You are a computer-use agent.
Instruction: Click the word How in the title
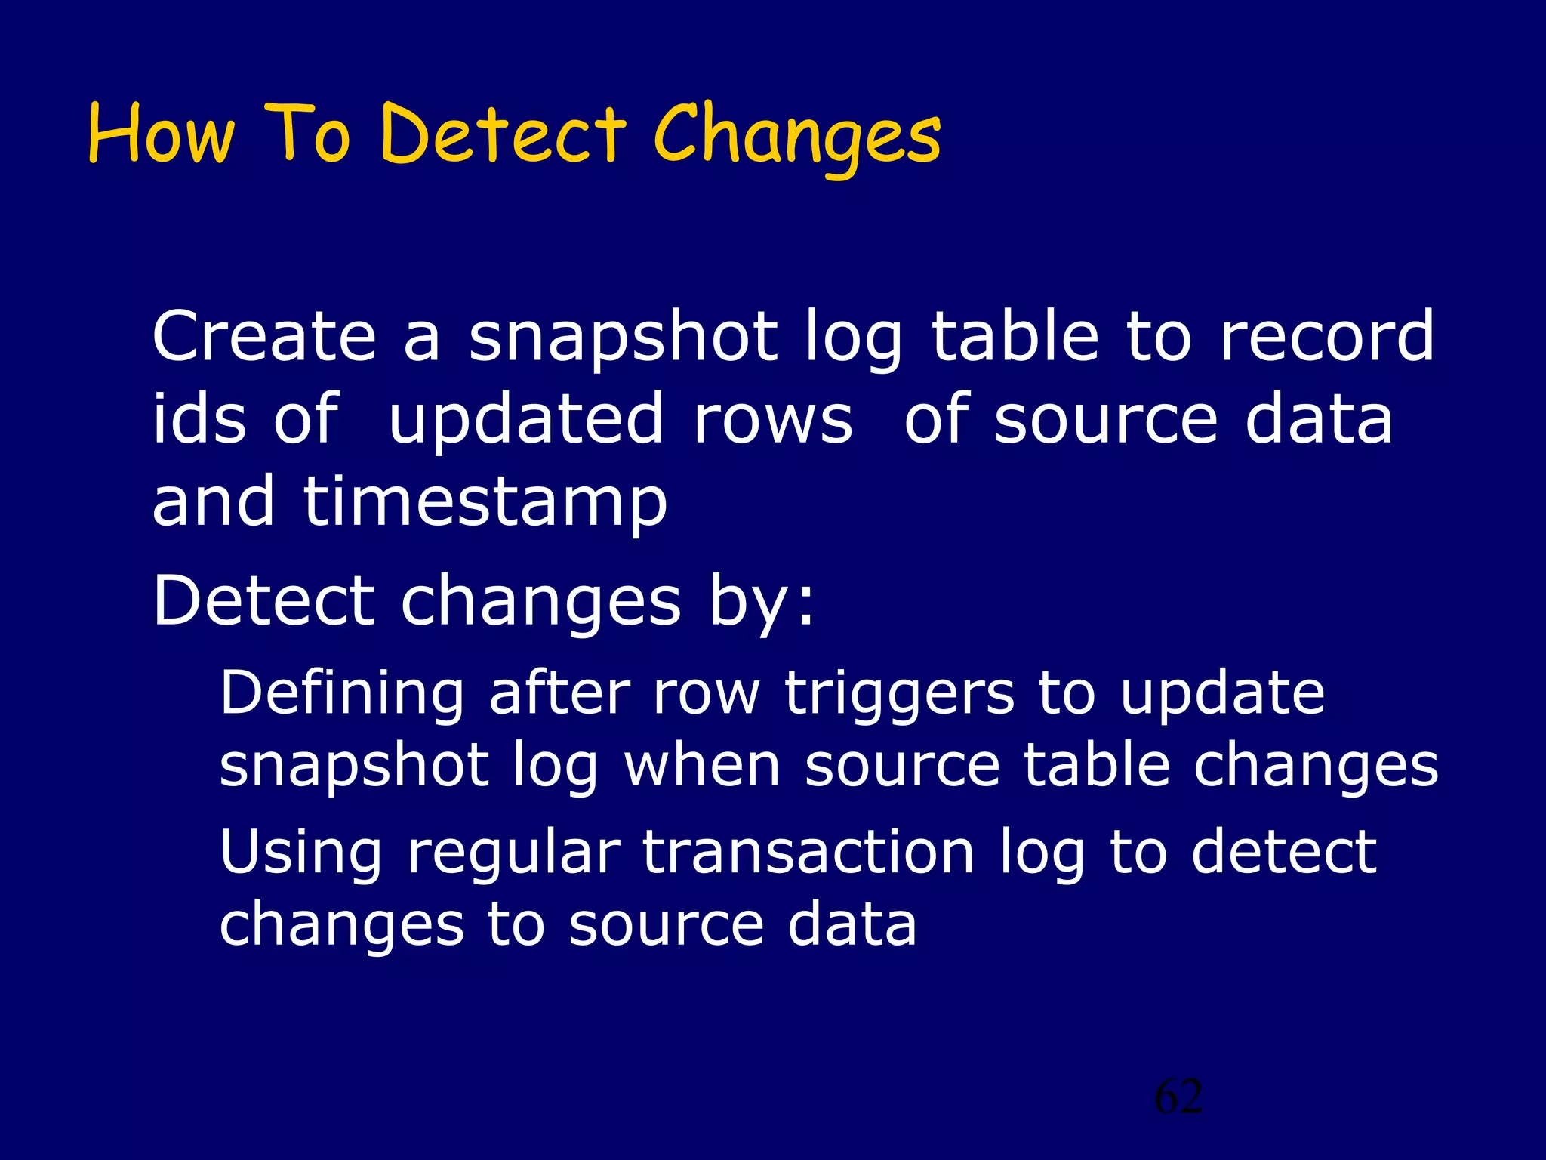click(x=161, y=134)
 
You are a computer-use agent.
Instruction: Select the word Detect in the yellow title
click(x=503, y=134)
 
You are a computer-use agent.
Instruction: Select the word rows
click(x=773, y=420)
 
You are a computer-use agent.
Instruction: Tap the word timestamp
click(x=485, y=503)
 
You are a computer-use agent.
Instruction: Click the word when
click(x=702, y=766)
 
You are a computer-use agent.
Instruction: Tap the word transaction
click(x=808, y=851)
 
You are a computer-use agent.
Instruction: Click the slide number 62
click(x=1178, y=1097)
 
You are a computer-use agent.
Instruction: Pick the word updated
click(x=526, y=421)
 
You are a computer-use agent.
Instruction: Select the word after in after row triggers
click(x=559, y=693)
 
